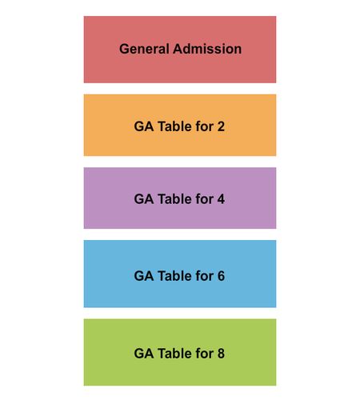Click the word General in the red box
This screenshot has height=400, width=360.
(144, 49)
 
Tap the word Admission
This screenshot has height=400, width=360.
(207, 49)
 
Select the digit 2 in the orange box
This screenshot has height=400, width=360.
(221, 126)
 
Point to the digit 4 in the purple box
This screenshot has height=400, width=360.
(221, 199)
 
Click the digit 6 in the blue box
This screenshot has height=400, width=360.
(221, 276)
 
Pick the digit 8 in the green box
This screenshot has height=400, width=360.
(221, 354)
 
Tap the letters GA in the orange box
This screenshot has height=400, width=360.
(144, 126)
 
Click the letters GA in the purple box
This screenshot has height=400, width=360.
(144, 199)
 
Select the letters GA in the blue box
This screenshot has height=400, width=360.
(144, 276)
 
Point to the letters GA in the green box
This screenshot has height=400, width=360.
(144, 354)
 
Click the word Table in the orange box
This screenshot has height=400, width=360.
(174, 126)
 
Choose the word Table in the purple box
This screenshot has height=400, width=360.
(174, 199)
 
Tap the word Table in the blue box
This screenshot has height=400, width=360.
(174, 276)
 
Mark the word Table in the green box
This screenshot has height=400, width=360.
(174, 354)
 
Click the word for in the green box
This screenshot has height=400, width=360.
(205, 354)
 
